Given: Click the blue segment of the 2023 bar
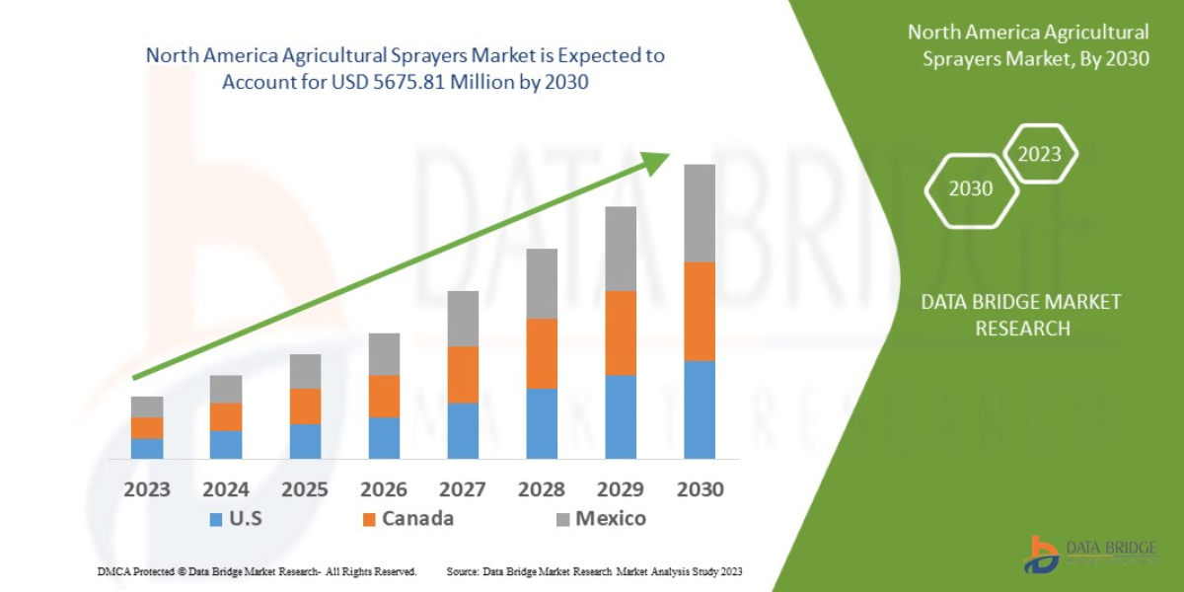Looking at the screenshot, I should pos(147,448).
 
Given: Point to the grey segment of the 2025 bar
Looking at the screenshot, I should pos(305,371).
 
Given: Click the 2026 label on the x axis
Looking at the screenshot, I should pos(384,489).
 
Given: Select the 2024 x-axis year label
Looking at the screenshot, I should pos(226,489).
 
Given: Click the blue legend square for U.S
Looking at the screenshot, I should pos(215,519).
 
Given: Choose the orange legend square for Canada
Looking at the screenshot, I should pos(370,519).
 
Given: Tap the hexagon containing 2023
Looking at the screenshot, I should pos(1039,154).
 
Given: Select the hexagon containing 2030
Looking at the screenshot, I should pos(971,188).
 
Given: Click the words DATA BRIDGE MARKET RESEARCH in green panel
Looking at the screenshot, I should pos(1022,315).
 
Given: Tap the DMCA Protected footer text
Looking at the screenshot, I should pos(257,571).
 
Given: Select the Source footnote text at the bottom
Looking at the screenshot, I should pos(594,571).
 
